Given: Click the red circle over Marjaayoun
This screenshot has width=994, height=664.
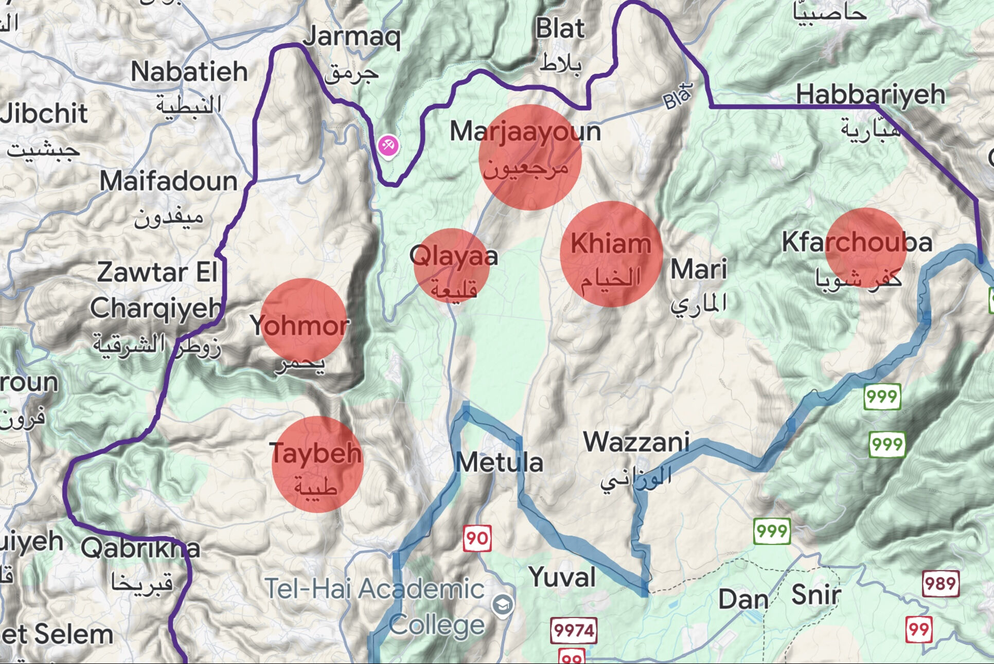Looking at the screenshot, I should (529, 157).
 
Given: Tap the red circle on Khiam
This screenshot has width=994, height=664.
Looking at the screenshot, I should (611, 254).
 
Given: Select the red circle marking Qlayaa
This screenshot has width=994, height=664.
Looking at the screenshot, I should (452, 265).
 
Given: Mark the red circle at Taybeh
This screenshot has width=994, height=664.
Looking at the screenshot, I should (317, 464).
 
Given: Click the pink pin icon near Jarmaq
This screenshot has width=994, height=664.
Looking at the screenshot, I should (388, 146).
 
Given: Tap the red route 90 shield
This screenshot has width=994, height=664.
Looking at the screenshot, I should (477, 538).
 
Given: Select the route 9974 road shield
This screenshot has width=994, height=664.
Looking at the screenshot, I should (574, 630).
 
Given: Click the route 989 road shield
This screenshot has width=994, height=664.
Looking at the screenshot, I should (940, 584).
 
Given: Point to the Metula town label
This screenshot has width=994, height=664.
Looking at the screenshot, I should (499, 462).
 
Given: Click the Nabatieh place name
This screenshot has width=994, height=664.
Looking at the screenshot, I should (189, 71).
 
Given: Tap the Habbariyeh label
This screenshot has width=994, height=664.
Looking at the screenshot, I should (871, 95).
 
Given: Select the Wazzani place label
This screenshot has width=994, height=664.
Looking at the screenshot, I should (636, 442).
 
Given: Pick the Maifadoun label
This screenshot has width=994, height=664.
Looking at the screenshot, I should (168, 181).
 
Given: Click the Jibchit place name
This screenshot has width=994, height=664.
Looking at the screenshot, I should (44, 113).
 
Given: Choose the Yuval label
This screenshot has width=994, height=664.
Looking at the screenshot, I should (562, 577).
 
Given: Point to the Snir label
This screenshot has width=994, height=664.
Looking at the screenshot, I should (815, 595).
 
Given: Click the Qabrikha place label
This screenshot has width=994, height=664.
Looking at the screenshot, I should (140, 548).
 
